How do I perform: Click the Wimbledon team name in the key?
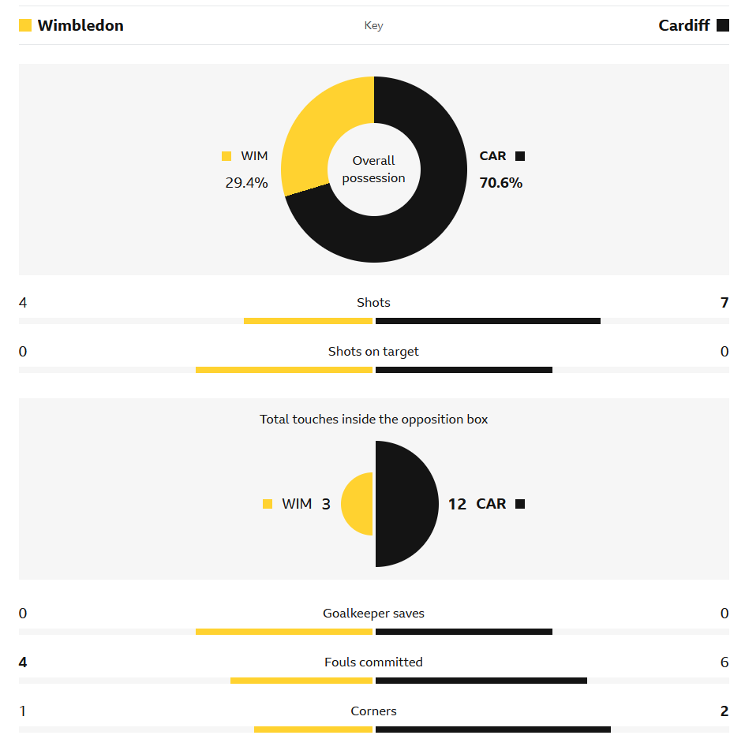tap(80, 25)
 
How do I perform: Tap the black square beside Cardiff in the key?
tap(723, 25)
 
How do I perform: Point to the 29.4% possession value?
tap(246, 183)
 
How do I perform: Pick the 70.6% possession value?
tap(501, 183)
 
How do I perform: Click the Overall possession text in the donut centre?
tap(373, 170)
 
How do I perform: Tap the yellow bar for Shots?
tap(308, 321)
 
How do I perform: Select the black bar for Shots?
tap(488, 321)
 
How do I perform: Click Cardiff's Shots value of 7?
tap(724, 303)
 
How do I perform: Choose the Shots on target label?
tap(373, 352)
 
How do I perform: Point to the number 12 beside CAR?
tap(457, 504)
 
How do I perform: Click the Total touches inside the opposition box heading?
tap(373, 420)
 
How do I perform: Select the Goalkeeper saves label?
tap(373, 614)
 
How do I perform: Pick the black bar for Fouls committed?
tap(481, 681)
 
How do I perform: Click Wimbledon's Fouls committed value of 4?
tap(23, 662)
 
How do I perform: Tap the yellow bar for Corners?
tap(313, 729)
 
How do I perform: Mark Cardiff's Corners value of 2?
tap(724, 711)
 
